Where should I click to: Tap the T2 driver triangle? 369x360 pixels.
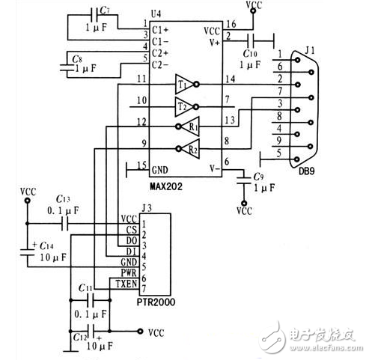[184, 105]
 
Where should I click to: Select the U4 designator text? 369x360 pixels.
[155, 14]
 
